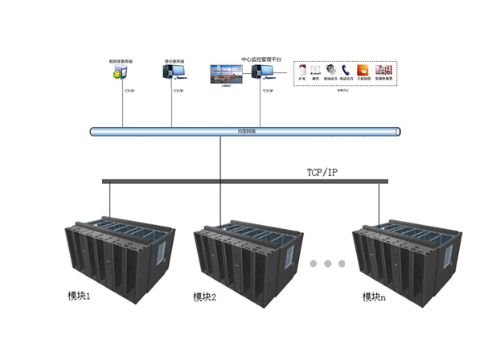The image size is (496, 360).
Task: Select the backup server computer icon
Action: click(x=174, y=73)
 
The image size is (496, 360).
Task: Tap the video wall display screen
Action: click(x=226, y=74)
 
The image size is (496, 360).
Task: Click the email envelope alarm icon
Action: click(x=316, y=71)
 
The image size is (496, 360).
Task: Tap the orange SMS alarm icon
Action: click(x=363, y=71)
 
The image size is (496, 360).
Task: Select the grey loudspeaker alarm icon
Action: click(x=331, y=71)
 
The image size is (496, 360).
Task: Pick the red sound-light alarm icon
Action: click(x=301, y=71)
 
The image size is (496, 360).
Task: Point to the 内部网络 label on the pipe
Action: click(x=246, y=131)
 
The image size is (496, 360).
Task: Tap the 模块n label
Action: click(x=374, y=297)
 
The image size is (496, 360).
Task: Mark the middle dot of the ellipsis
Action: click(x=328, y=264)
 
